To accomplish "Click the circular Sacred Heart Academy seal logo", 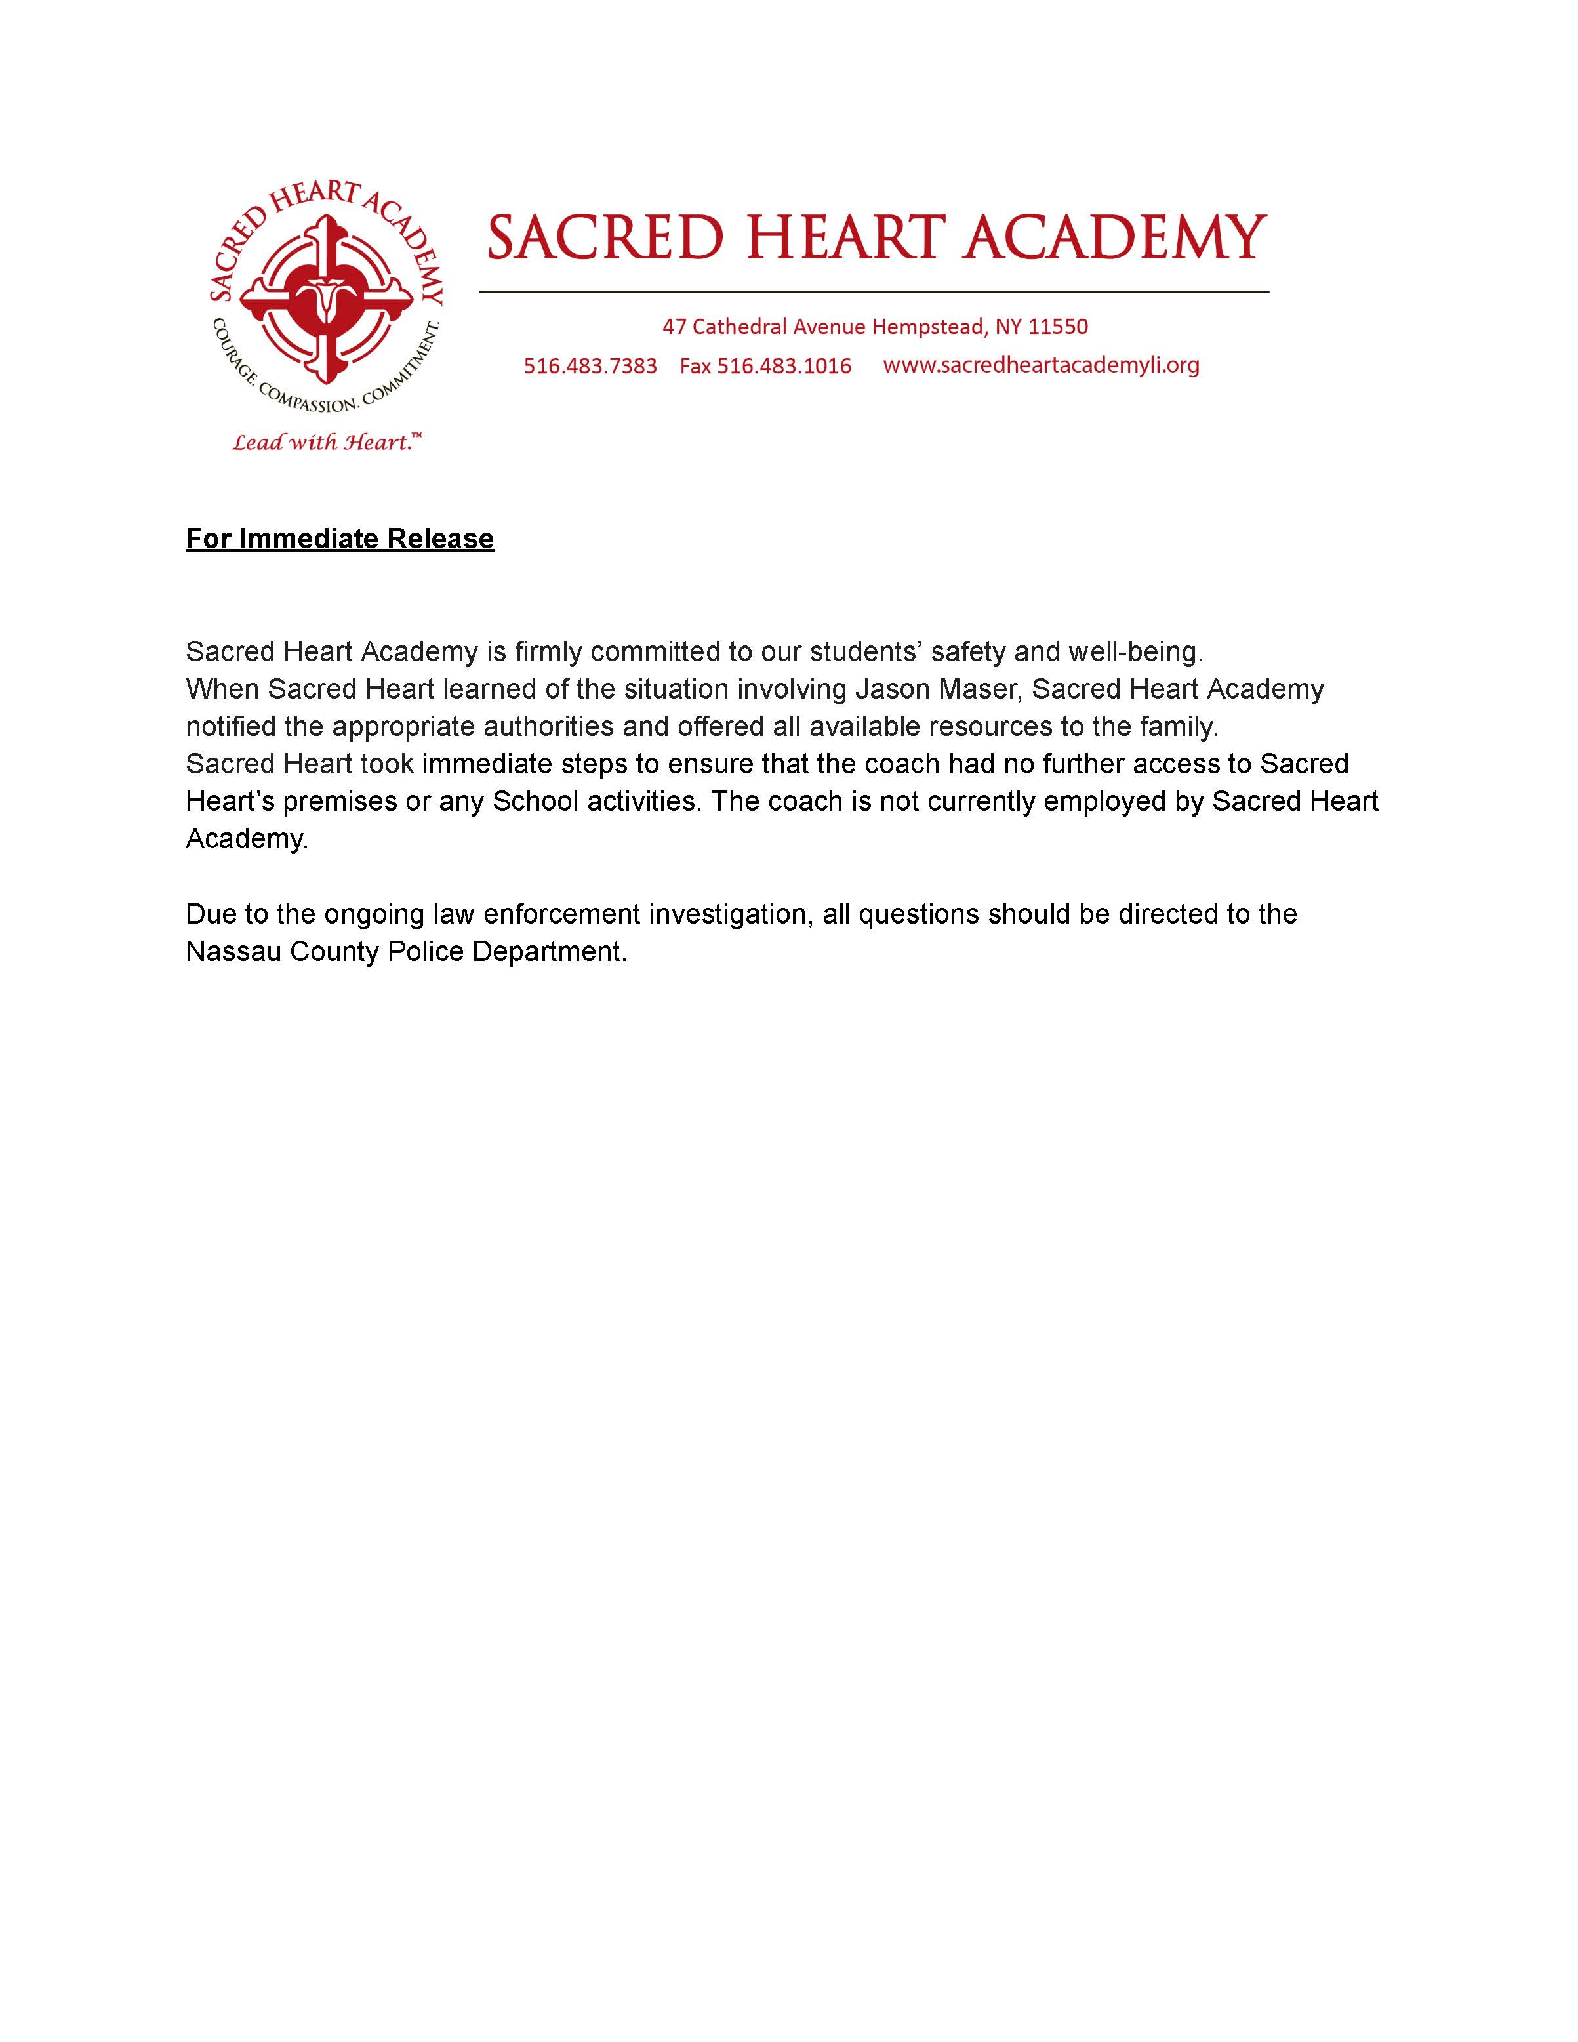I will (326, 297).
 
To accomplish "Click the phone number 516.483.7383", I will (590, 365).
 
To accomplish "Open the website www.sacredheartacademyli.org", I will (1040, 365).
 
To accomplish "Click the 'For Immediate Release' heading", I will (339, 539).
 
